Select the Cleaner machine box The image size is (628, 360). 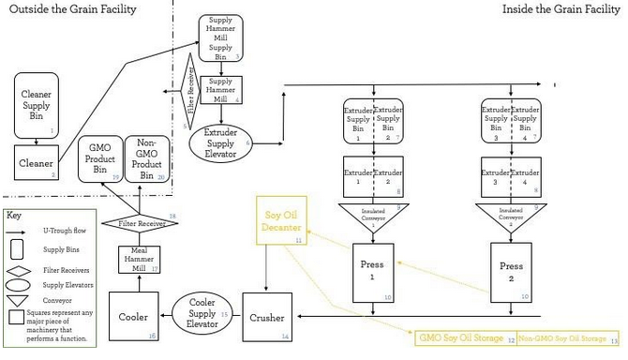[x=36, y=163]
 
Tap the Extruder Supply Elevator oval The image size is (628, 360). [x=220, y=142]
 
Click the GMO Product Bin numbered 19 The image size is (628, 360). [x=101, y=157]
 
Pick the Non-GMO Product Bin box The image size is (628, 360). [x=145, y=157]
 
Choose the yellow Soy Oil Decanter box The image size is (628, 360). [x=281, y=221]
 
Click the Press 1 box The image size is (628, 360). [x=372, y=272]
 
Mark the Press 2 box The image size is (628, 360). [x=511, y=272]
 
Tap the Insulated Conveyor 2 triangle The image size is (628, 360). [x=511, y=214]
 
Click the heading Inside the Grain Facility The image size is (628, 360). [x=561, y=9]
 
